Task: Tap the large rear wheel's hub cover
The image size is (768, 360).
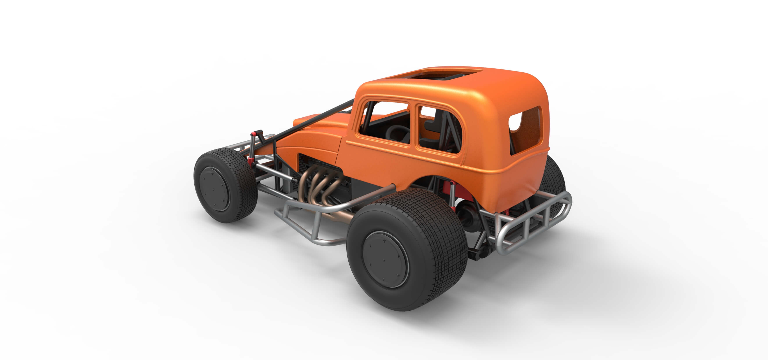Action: (385, 259)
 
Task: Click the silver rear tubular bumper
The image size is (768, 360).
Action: (534, 221)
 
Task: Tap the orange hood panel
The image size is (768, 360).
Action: (316, 134)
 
